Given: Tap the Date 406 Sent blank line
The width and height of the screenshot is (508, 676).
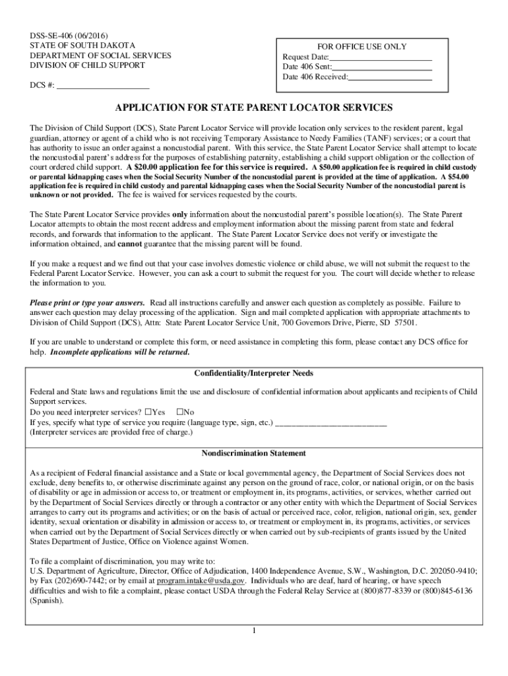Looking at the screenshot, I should point(382,67).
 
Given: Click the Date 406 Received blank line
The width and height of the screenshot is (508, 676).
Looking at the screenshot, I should point(390,77).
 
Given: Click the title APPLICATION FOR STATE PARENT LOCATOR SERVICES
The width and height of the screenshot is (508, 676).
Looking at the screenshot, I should point(254,107).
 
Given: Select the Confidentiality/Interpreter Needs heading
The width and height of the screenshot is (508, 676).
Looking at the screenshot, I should point(254,374).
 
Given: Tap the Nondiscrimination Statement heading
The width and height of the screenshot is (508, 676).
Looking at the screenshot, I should point(254,454).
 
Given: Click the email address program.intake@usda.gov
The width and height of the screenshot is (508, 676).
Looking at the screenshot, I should point(201,581).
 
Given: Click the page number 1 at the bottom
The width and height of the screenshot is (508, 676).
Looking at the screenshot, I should point(254,630).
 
